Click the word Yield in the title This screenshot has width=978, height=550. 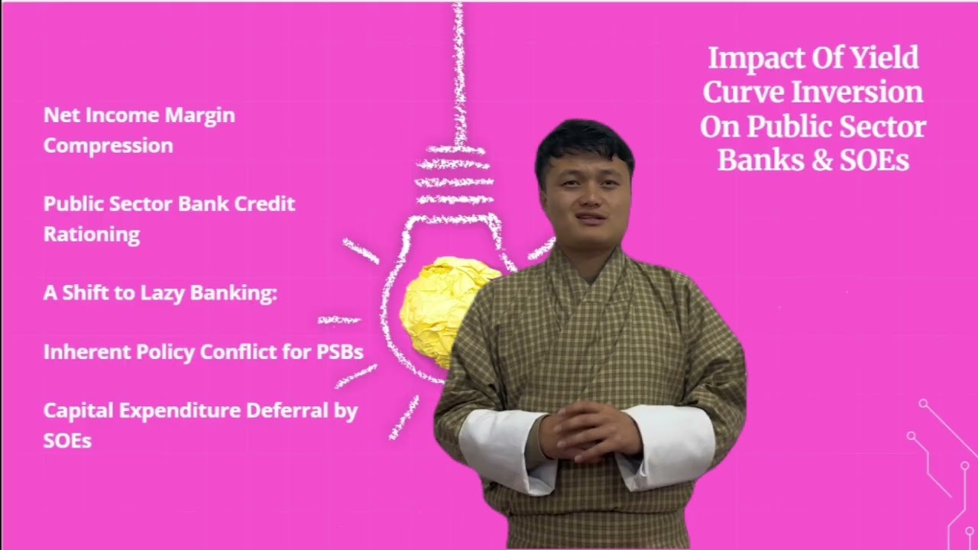click(884, 58)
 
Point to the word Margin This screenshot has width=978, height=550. click(200, 115)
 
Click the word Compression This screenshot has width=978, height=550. click(108, 146)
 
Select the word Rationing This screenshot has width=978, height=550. click(92, 235)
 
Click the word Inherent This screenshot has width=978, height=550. click(86, 352)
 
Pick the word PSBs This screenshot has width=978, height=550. click(338, 352)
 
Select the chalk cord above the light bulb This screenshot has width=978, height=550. click(458, 69)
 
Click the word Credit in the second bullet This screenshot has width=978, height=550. click(264, 204)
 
